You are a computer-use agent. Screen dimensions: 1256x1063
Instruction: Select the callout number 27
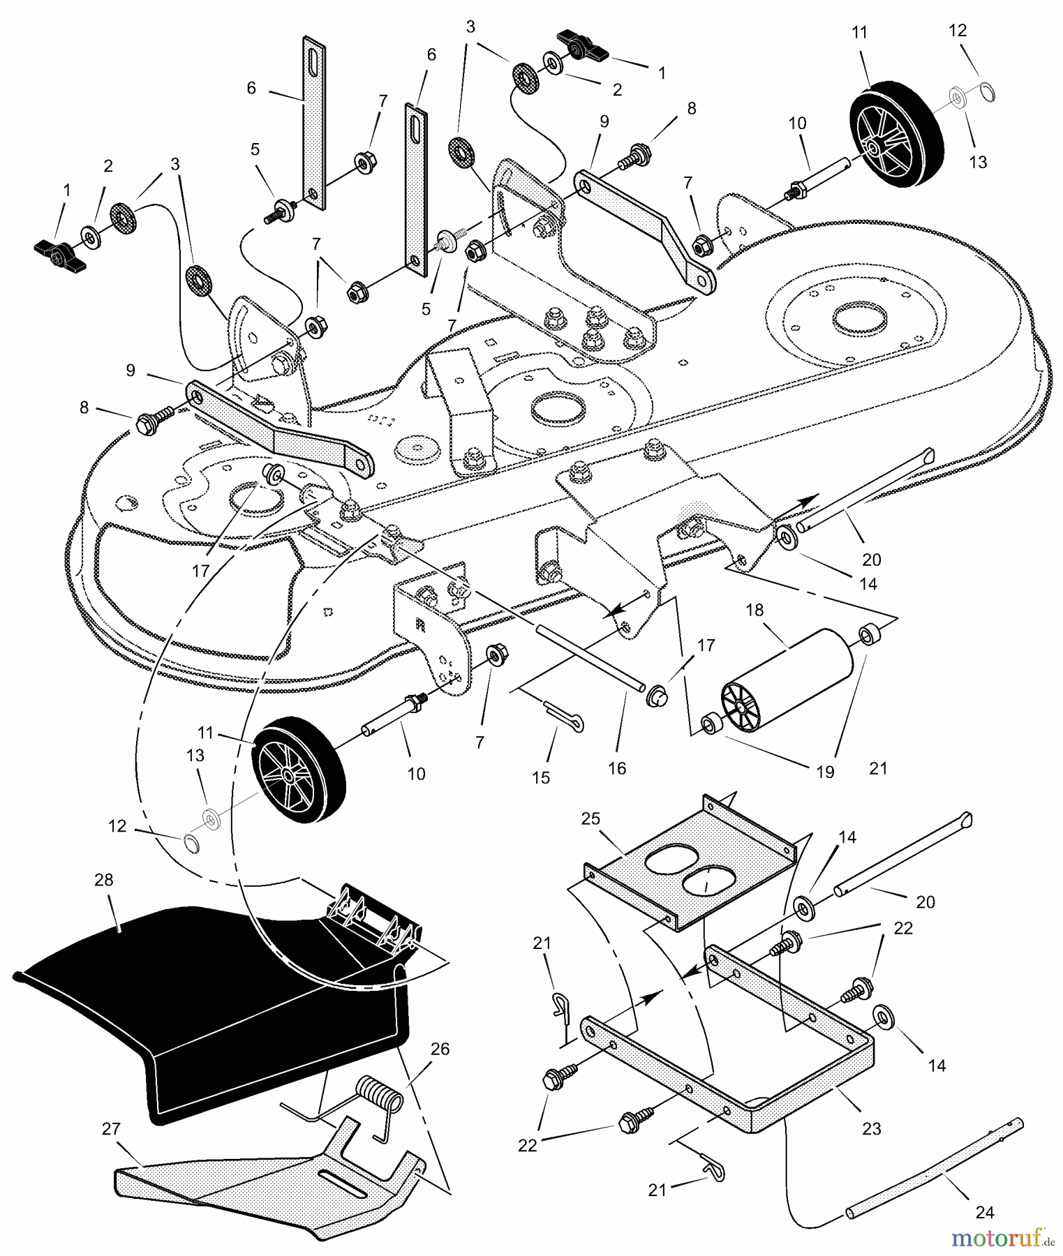111,1128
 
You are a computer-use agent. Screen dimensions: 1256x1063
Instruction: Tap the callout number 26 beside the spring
440,1049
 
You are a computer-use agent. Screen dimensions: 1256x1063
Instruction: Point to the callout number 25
590,818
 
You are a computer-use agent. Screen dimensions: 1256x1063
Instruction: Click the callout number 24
985,1213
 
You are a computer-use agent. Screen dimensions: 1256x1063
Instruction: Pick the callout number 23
872,1128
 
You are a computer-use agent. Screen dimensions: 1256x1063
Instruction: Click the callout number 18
754,610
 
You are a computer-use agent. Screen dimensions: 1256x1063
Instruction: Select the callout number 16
617,768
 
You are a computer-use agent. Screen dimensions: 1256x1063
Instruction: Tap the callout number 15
541,777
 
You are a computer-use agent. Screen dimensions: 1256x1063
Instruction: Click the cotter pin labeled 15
563,717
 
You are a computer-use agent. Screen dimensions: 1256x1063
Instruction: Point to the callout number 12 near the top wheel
958,30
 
